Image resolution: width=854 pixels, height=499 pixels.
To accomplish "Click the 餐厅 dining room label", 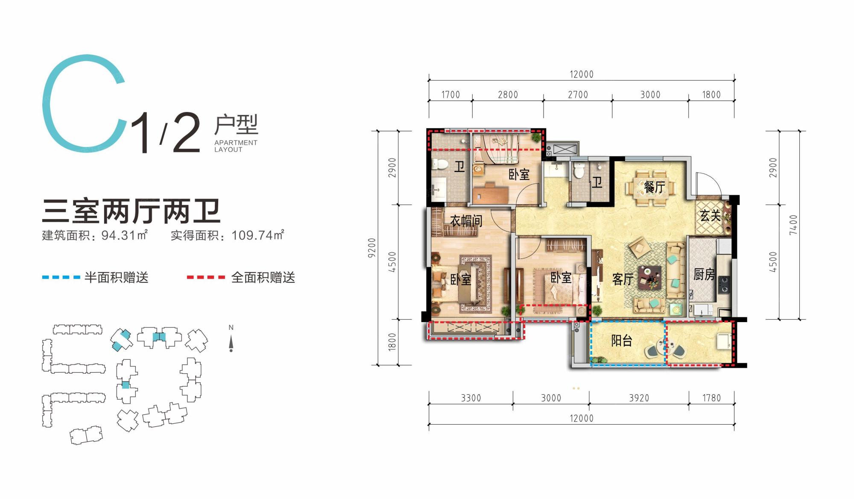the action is click(x=654, y=187).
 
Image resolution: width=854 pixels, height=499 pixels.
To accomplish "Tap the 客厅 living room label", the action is click(x=623, y=279).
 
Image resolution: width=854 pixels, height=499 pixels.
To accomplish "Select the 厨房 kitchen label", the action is click(x=704, y=274).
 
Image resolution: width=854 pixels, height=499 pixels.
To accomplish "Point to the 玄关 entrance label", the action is click(x=710, y=216).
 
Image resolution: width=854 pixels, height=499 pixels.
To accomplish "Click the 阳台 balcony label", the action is click(x=622, y=340).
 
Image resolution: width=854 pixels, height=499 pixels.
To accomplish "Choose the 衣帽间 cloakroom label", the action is click(x=466, y=220).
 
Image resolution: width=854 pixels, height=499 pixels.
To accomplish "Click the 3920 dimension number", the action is click(x=639, y=398).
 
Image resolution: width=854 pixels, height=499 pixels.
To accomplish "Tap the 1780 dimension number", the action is click(x=711, y=398).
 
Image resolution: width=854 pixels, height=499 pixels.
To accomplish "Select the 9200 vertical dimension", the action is click(x=372, y=247).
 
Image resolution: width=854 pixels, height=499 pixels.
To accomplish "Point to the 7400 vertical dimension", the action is click(x=793, y=225).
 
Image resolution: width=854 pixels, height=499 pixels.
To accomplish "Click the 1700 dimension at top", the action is click(x=450, y=94).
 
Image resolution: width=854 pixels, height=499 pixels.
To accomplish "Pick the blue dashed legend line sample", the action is click(x=61, y=277).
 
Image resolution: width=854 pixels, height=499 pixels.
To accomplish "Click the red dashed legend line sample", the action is click(x=206, y=277).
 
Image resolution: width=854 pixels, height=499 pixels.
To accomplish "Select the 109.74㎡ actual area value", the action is click(x=258, y=235).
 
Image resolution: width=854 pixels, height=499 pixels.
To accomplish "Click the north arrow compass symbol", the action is click(x=231, y=343).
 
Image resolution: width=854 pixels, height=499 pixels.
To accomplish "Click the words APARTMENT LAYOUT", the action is click(x=236, y=146).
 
